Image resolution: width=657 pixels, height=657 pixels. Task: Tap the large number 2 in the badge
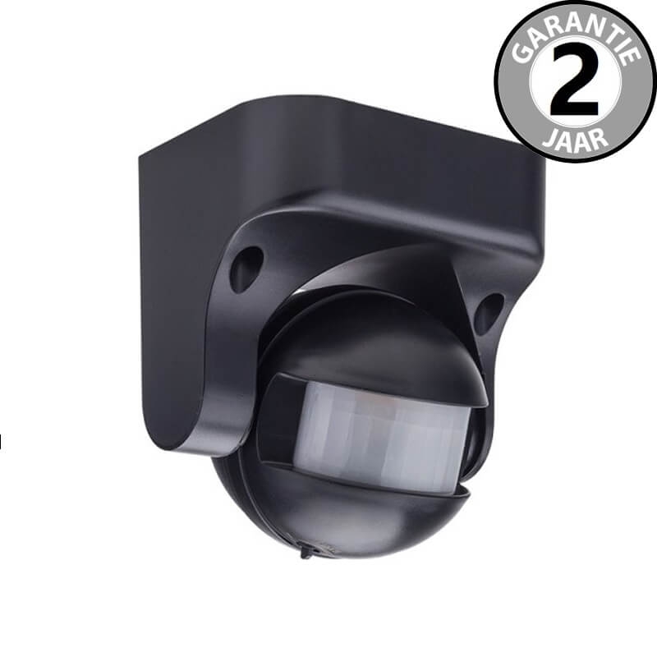pos(574,80)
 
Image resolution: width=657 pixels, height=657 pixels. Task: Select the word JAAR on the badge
pos(575,140)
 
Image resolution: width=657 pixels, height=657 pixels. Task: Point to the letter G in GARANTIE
pos(521,53)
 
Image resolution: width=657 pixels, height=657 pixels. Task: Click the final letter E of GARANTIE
pos(632,55)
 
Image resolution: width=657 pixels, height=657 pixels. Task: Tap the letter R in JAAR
pos(600,137)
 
